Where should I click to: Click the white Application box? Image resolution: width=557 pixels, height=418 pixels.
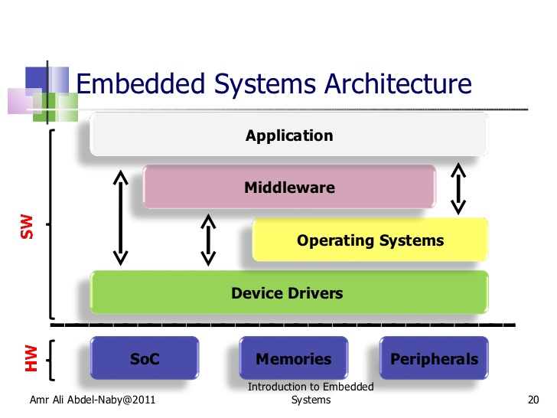pos(289,136)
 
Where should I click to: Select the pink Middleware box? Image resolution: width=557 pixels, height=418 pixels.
pos(289,187)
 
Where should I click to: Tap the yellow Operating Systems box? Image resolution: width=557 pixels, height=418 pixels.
pos(370,240)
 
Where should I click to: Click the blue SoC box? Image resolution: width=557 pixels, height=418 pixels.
pos(145,358)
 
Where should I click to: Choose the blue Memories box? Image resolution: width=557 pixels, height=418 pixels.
pos(294,358)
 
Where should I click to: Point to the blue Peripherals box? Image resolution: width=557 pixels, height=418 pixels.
pos(434,358)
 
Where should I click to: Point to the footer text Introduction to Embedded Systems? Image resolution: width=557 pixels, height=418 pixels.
pos(311,394)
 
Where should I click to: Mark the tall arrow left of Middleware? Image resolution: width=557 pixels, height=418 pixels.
pos(120,217)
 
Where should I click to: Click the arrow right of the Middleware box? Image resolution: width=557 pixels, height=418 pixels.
pos(458,188)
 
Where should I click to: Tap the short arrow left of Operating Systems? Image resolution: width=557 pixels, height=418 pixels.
pos(207,239)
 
